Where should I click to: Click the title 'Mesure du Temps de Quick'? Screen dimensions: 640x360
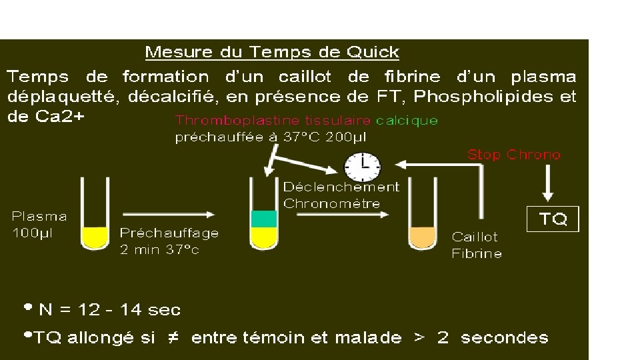272,52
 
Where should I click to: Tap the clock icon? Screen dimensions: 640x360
362,167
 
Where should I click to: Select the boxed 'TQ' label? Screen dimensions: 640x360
553,219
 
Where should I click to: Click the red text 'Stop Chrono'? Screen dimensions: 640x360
514,155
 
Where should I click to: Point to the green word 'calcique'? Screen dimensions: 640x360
407,121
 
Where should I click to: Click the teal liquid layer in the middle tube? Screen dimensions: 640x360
263,219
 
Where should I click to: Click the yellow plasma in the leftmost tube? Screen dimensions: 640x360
95,237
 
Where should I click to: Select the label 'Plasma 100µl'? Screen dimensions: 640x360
39,225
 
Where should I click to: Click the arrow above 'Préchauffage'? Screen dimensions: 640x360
169,214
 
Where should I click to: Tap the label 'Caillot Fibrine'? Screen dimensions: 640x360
476,245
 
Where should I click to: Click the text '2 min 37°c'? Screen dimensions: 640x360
159,250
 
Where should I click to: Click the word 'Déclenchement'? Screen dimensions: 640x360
341,187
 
